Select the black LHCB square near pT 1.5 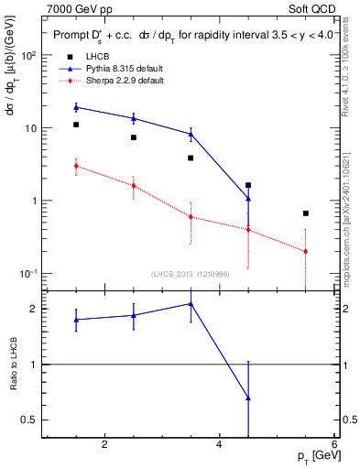coord(76,125)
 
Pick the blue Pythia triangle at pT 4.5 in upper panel coord(248,198)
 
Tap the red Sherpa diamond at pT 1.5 coord(76,166)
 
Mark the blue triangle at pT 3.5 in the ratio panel coord(191,303)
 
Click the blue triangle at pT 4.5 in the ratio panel coord(248,398)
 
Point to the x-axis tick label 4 coord(219,445)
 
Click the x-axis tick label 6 coord(334,445)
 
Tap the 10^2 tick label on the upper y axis coord(27,55)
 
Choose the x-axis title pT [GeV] coord(313,457)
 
